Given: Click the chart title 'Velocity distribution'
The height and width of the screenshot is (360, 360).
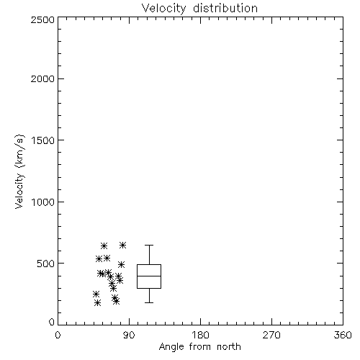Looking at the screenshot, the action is (199, 9).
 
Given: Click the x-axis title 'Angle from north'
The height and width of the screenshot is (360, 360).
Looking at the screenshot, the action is (199, 347).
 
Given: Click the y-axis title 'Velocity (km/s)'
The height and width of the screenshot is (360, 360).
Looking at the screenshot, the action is (19, 171).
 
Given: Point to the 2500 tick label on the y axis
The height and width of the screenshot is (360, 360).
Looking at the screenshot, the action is (43, 19).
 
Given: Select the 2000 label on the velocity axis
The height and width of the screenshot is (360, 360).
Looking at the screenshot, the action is (43, 78).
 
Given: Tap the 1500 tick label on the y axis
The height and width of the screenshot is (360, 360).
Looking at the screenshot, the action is (43, 140).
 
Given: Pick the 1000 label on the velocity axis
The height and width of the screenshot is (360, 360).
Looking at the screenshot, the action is (43, 202).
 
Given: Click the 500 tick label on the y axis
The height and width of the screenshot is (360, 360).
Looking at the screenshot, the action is (46, 264).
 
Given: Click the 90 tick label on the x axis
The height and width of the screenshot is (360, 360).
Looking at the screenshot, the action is (129, 335).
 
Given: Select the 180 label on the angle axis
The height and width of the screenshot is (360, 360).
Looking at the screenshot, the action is (200, 335).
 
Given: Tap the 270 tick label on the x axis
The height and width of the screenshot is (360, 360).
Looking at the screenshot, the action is (271, 335).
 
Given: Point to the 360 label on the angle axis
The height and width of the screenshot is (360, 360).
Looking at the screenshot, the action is (343, 335).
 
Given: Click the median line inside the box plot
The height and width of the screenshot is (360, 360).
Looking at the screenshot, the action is (149, 276).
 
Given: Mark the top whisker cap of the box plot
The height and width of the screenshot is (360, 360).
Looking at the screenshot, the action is (149, 245).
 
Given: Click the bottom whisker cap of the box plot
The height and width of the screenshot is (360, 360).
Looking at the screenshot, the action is (149, 302).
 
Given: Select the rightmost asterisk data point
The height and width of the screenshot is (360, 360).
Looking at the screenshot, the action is (123, 245).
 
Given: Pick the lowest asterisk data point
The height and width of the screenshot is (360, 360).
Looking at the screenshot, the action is (97, 303).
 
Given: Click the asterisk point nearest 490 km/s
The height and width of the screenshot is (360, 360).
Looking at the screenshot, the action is (121, 264).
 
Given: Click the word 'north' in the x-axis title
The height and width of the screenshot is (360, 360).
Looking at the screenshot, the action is (229, 346).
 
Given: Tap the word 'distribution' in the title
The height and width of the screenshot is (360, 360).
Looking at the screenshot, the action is (225, 9).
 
